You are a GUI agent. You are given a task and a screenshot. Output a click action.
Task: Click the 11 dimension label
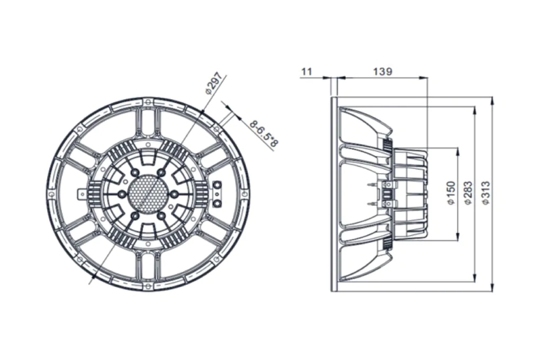(x=307, y=71)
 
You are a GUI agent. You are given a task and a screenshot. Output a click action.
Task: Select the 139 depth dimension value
(x=383, y=71)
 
